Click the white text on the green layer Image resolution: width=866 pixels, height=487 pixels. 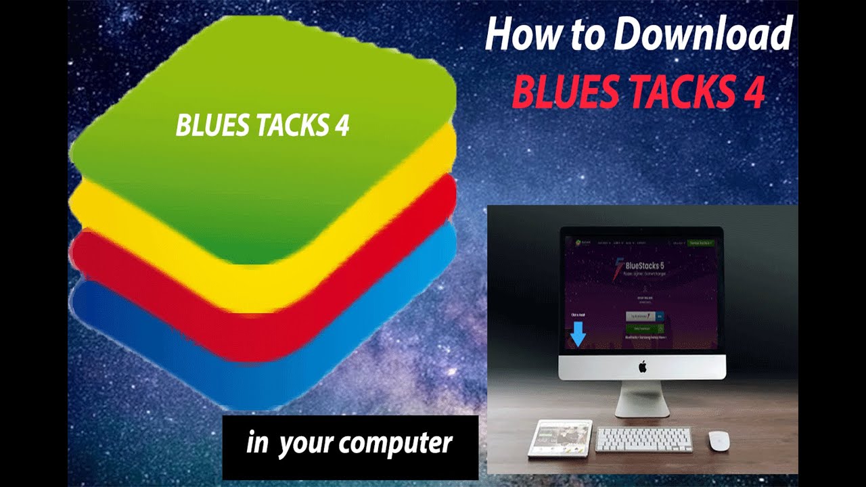point(263,126)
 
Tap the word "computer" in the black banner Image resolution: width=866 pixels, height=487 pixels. point(396,444)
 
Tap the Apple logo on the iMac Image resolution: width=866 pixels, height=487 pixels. point(642,367)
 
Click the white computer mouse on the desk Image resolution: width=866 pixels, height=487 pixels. point(719,440)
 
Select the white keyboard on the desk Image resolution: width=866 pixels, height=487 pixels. point(643,439)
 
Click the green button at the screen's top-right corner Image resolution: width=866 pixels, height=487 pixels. point(702,242)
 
